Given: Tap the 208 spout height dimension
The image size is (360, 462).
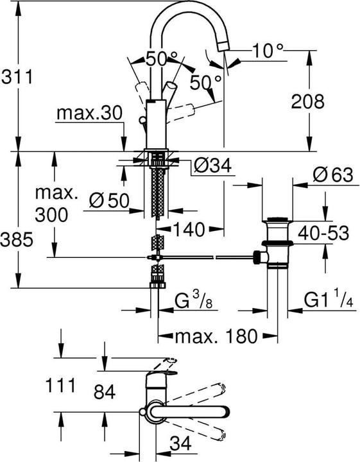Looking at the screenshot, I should click(x=306, y=101).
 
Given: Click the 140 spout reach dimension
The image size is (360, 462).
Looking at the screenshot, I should click(x=189, y=228).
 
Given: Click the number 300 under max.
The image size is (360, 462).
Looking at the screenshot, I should click(x=51, y=215).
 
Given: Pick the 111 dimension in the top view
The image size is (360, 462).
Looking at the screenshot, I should click(x=61, y=386).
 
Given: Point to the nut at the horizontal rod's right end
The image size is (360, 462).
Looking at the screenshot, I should click(x=259, y=257).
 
